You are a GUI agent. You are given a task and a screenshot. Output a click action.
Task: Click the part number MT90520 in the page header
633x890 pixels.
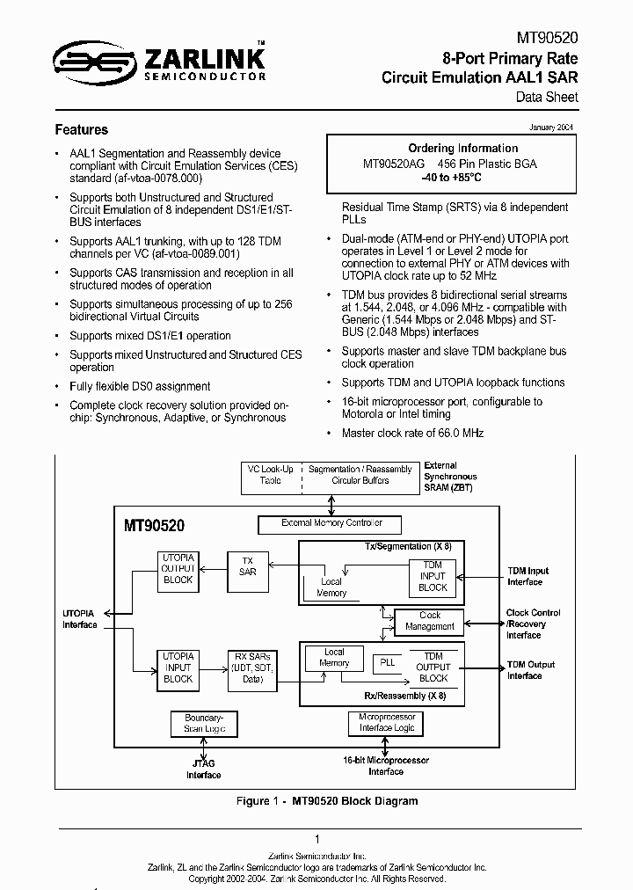545,39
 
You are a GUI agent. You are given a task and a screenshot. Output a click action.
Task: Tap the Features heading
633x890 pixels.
82,129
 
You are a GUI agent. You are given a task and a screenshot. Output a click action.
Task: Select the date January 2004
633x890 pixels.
551,128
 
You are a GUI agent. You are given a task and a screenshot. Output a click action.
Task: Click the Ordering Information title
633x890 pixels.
462,148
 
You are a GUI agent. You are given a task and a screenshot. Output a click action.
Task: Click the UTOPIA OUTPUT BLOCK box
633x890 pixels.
178,568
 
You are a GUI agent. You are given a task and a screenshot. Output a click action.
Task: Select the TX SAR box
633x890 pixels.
248,565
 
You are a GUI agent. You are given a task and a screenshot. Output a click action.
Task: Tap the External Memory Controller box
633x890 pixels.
331,523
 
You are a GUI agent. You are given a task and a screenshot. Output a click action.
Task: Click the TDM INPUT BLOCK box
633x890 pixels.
433,576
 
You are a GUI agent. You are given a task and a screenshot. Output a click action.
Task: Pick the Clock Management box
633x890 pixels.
430,621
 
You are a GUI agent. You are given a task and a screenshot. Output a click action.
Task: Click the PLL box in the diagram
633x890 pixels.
387,662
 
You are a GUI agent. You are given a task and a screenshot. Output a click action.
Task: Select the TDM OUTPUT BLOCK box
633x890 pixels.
433,667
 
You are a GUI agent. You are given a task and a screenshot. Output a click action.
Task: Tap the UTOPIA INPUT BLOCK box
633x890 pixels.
178,667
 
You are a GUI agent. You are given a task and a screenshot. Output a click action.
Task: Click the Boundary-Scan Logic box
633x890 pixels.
204,723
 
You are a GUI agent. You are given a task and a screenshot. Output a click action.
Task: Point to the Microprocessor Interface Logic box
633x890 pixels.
386,723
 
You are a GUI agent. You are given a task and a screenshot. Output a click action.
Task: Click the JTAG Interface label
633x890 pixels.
204,770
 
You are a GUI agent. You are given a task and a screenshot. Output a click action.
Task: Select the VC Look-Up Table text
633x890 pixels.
270,475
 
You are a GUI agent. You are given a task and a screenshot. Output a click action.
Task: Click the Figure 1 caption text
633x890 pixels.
326,801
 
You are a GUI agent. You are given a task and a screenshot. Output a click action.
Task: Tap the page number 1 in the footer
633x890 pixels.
316,839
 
